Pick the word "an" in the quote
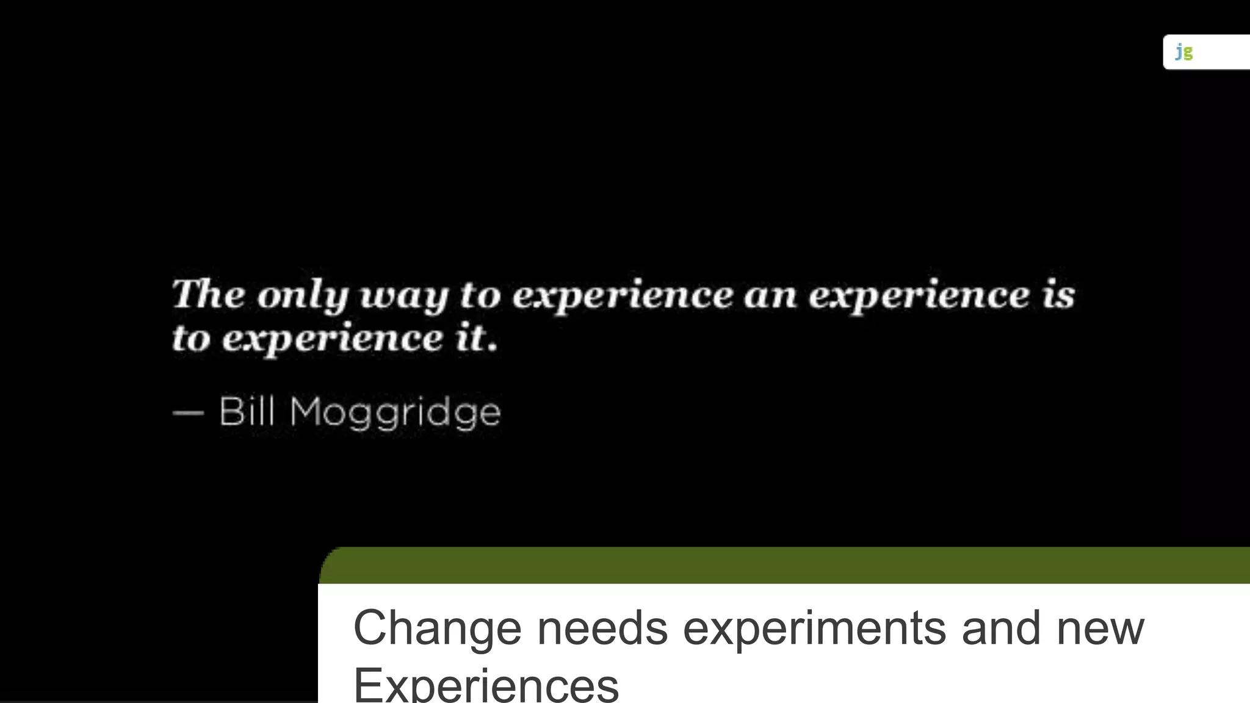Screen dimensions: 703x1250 point(771,296)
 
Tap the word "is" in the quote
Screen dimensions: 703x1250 point(1058,295)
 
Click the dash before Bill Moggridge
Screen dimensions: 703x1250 point(188,413)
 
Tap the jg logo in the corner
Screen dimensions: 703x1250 point(1184,52)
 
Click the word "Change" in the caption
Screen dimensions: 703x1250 point(437,627)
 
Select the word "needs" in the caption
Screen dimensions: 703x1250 point(602,627)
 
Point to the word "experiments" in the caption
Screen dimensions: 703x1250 point(814,627)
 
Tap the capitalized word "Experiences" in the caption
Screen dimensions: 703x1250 point(486,685)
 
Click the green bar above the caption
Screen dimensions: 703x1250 point(784,565)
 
